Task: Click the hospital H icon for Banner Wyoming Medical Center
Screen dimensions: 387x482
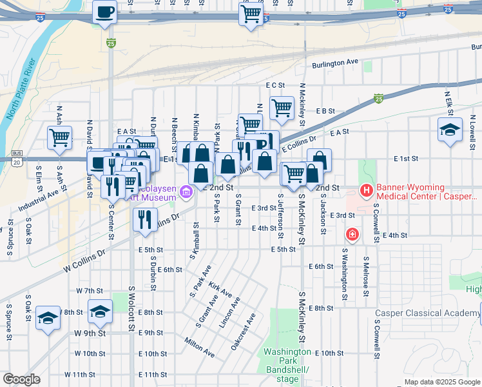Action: (x=366, y=190)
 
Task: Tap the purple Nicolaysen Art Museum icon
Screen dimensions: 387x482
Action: (x=186, y=191)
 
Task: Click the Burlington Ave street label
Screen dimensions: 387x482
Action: (x=334, y=63)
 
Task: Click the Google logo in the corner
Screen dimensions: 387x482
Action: (x=21, y=379)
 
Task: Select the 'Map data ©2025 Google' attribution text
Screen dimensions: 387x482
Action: (x=442, y=382)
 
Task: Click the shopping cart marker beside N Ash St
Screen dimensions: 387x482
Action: (x=59, y=137)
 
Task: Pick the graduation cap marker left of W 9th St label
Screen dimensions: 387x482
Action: (x=48, y=318)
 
